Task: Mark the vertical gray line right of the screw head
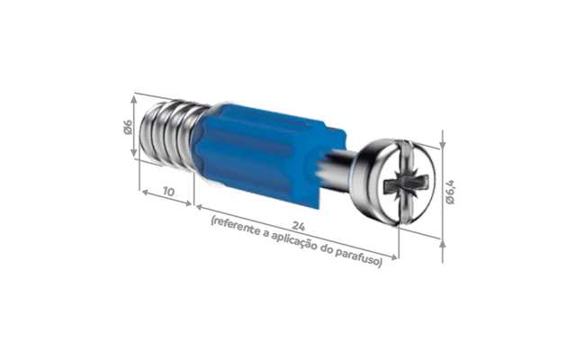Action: (x=442, y=198)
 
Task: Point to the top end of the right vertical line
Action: (x=441, y=133)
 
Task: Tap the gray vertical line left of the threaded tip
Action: (x=131, y=117)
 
